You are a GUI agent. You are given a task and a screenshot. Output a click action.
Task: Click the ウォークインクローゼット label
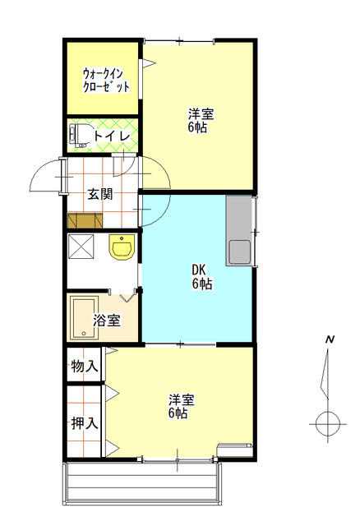pos(106,81)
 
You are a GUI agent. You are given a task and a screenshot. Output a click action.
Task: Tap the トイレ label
pos(112,136)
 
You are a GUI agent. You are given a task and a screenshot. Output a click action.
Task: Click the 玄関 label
pos(100,194)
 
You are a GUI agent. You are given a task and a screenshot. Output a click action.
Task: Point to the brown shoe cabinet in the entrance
pos(85,220)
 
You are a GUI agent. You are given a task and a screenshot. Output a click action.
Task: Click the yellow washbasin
pos(122,247)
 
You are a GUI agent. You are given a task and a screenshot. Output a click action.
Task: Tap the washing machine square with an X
pos(81,247)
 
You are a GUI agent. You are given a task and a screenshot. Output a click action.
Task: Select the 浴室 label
pos(106,321)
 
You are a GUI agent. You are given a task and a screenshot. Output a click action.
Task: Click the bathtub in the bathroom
pos(85,317)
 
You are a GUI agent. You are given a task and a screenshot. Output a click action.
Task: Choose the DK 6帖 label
pos(201,277)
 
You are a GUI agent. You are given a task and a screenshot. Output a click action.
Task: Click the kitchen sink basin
pos(239,251)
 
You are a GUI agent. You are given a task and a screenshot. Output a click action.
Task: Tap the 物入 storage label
pos(84,366)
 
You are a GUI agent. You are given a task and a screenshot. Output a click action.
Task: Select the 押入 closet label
pos(84,423)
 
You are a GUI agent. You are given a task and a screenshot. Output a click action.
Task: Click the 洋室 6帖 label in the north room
pos(201,121)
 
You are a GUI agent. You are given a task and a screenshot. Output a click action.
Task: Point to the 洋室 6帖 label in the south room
pos(182,406)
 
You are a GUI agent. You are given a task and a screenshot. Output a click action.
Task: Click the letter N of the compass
pos(330,339)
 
